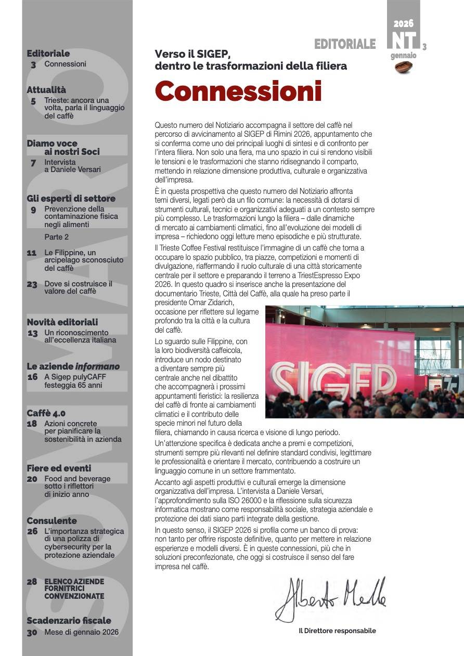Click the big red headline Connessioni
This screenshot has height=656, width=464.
[x=238, y=91]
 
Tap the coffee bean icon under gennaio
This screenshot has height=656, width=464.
[x=403, y=67]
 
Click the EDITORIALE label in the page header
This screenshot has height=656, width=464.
[x=344, y=45]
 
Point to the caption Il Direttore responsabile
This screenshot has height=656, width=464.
[x=337, y=631]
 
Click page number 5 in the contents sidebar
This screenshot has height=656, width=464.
[x=33, y=101]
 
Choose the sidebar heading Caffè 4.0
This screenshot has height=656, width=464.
[x=46, y=413]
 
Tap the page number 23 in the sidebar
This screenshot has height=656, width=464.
[x=32, y=284]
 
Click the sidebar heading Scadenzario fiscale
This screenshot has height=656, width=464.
[x=69, y=621]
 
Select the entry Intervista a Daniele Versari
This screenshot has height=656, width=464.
[x=72, y=166]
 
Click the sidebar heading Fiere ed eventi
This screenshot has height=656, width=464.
[x=59, y=468]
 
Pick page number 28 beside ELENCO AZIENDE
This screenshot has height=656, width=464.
[x=32, y=582]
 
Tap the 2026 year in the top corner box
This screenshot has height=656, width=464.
[x=403, y=24]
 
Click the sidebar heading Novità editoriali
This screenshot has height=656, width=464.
[x=62, y=322]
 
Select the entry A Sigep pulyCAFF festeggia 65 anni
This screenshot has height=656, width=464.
[x=73, y=381]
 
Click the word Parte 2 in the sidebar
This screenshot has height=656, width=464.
[x=57, y=237]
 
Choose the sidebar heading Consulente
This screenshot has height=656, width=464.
[x=51, y=521]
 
